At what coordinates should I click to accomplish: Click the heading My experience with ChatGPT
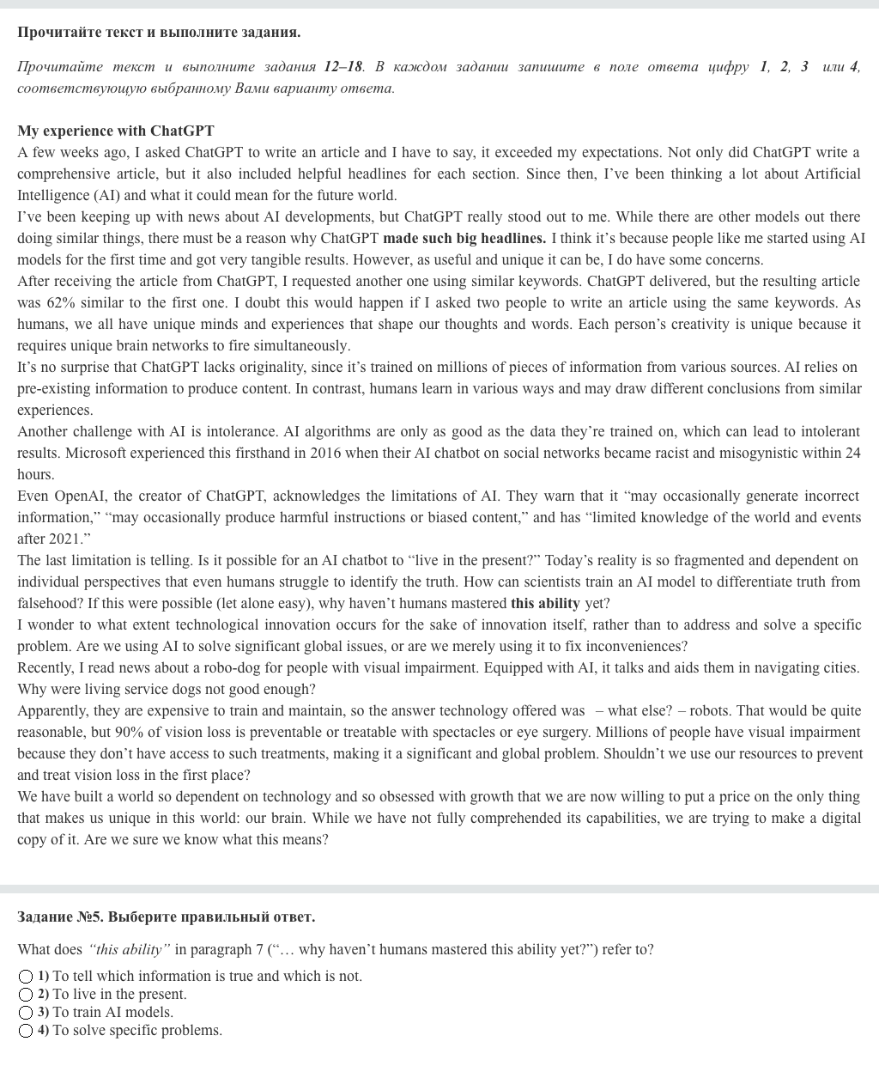pos(116,131)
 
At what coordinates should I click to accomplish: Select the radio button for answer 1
pos(26,977)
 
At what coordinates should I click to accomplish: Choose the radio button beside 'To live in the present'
pos(26,995)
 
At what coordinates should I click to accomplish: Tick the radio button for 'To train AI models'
pos(26,1013)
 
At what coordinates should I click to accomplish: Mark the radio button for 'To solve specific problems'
pos(26,1031)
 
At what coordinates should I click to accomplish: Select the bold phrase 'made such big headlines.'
pos(464,238)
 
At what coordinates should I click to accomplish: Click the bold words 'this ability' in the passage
pos(545,603)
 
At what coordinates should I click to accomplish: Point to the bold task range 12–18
pos(343,66)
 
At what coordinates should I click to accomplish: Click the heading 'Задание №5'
pos(59,917)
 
